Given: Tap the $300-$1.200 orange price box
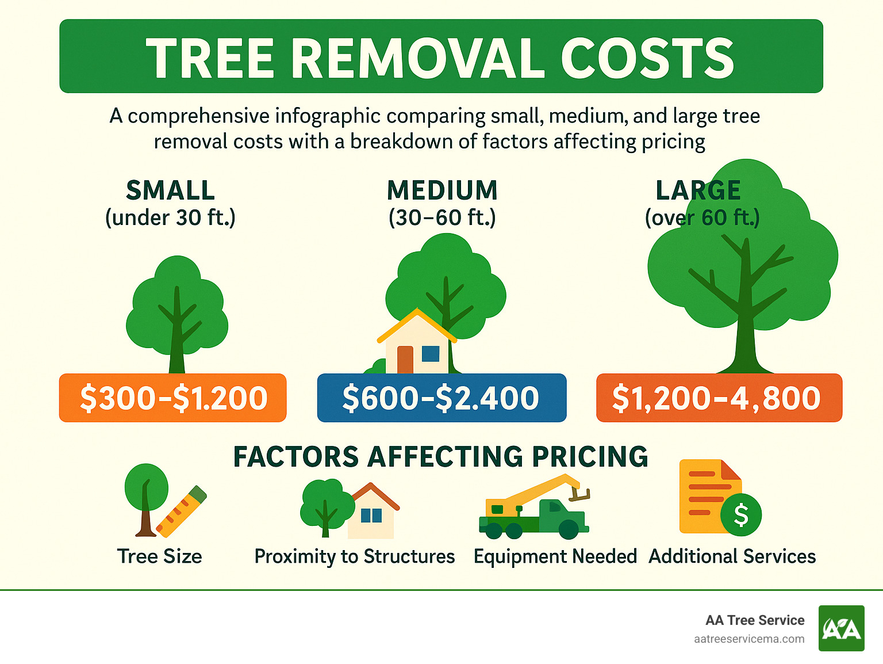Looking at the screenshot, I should coord(173,398).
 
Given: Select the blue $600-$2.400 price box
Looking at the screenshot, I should coord(441,398).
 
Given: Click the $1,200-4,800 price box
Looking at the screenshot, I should coord(718,398).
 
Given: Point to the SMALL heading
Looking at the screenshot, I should coord(170,190).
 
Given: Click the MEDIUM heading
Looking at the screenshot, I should coord(442,190).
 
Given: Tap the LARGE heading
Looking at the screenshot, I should coord(698,190).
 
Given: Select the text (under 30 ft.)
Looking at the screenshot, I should coord(170,218).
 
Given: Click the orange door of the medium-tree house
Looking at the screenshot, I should coord(405,360).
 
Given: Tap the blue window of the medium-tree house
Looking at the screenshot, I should coord(431,353).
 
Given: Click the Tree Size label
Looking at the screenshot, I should coord(159,556).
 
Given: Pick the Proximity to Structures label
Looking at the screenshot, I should coord(355,556).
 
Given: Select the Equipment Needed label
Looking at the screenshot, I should coord(555,556).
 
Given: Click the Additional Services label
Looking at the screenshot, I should coord(732,556).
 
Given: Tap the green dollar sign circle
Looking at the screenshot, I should coord(742,514).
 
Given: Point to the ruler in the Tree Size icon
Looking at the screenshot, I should coord(181,511).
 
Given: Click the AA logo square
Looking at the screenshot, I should coord(841,628).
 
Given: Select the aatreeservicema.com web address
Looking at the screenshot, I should coord(749,639).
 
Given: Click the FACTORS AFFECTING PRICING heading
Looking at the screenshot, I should coord(441,457).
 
